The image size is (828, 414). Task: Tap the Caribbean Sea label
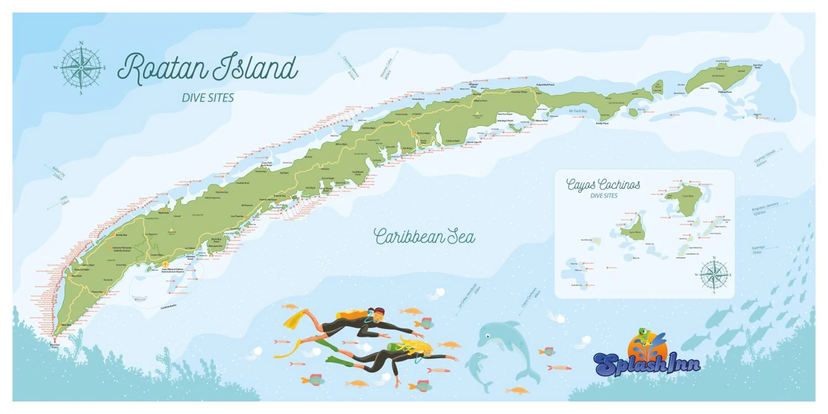pos(424,237)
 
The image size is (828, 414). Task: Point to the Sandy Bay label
pos(121,235)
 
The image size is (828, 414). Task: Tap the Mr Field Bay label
pos(578,111)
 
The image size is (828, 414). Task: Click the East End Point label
pos(758,66)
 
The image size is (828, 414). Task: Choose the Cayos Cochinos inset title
pos(603,185)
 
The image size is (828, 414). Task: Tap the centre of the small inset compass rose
pos(714,275)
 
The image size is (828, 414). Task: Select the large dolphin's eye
pos(488,336)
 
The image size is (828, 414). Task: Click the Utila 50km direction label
pos(65,201)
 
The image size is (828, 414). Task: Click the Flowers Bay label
pos(97,292)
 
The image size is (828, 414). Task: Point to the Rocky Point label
pos(602,123)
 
